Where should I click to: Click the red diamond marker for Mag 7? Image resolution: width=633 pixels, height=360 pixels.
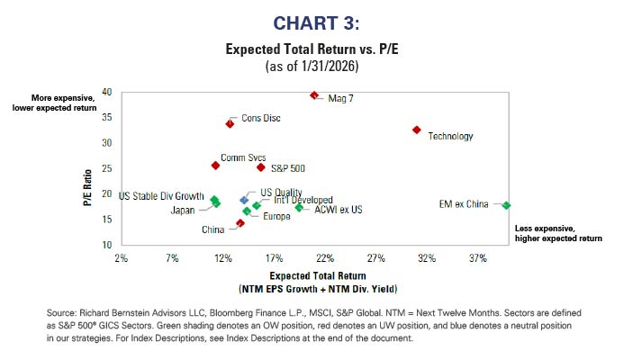(314, 95)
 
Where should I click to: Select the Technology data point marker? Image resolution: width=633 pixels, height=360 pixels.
(416, 130)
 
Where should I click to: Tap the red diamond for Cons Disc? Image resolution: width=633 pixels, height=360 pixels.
(230, 123)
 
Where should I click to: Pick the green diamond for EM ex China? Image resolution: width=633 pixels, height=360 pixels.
(506, 205)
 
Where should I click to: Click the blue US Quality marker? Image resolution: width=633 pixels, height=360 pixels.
(244, 200)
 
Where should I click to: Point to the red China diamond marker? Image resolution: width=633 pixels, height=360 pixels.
(240, 223)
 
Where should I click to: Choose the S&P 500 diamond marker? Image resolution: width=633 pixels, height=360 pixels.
(261, 167)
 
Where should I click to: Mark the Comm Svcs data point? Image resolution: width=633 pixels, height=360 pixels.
(215, 166)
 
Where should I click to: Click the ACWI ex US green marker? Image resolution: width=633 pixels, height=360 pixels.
(299, 208)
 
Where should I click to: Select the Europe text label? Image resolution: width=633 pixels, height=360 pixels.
(277, 217)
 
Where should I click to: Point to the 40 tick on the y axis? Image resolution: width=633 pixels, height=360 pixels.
(106, 92)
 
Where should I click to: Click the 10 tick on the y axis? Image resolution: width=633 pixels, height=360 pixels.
(106, 245)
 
